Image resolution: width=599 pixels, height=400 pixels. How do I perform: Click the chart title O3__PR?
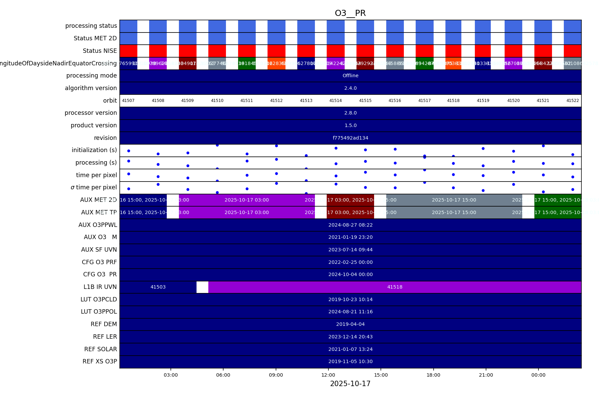350,13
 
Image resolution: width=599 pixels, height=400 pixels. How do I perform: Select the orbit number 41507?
128,101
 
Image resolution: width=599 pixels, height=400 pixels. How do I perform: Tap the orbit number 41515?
365,101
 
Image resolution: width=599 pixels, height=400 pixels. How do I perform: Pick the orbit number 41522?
573,101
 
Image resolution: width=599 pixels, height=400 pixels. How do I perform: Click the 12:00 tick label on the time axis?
328,375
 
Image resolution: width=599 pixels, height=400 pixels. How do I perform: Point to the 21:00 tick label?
486,375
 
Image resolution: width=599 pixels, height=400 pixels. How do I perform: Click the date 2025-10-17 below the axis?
350,384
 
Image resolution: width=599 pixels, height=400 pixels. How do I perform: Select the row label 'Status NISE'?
100,51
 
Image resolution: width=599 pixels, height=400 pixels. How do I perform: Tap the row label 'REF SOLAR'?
100,349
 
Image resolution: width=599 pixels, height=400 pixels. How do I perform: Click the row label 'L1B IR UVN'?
100,287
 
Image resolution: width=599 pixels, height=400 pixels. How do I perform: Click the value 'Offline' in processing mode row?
350,76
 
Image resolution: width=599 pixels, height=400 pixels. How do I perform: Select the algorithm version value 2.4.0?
350,88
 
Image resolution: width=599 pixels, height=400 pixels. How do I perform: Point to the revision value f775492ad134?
350,138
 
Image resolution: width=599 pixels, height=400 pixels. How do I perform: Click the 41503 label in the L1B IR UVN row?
158,287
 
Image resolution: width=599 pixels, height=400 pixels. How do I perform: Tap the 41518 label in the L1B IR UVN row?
395,287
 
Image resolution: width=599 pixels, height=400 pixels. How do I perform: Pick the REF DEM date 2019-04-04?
350,324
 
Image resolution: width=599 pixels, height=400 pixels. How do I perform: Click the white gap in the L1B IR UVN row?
202,287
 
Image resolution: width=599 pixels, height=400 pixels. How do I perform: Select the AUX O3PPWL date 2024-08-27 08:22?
350,225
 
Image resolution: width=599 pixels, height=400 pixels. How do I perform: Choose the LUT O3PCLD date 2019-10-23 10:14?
350,299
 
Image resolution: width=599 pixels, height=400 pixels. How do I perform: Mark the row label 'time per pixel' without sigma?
96,175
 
